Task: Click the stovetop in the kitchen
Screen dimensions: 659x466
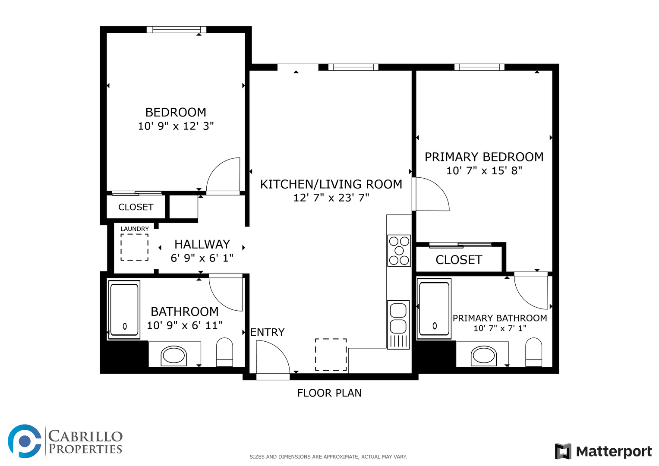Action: [x=399, y=251]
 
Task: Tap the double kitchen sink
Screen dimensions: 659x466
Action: [x=398, y=325]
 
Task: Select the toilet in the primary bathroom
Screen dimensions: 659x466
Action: [x=534, y=352]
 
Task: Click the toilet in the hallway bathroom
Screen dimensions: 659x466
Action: [x=224, y=352]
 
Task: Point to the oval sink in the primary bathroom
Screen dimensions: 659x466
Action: [x=484, y=356]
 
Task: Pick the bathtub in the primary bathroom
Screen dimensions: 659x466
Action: [x=434, y=309]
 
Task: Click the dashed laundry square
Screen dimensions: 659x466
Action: [x=135, y=247]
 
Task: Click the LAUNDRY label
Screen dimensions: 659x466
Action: [x=135, y=229]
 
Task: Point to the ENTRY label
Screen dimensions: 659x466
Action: [x=268, y=332]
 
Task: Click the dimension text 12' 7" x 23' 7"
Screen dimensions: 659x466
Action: [x=331, y=198]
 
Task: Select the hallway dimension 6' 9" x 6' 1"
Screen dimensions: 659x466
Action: [x=202, y=258]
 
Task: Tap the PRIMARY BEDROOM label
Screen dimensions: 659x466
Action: [x=484, y=157]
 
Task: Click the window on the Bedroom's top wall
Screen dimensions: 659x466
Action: [x=177, y=29]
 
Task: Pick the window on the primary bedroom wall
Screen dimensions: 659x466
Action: [x=479, y=67]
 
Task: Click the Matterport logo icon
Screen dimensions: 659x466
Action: [x=563, y=451]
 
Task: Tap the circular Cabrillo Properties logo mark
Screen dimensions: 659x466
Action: [x=25, y=441]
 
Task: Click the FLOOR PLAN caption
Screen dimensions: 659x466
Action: [x=329, y=393]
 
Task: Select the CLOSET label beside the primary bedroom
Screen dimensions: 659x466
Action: [x=459, y=260]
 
